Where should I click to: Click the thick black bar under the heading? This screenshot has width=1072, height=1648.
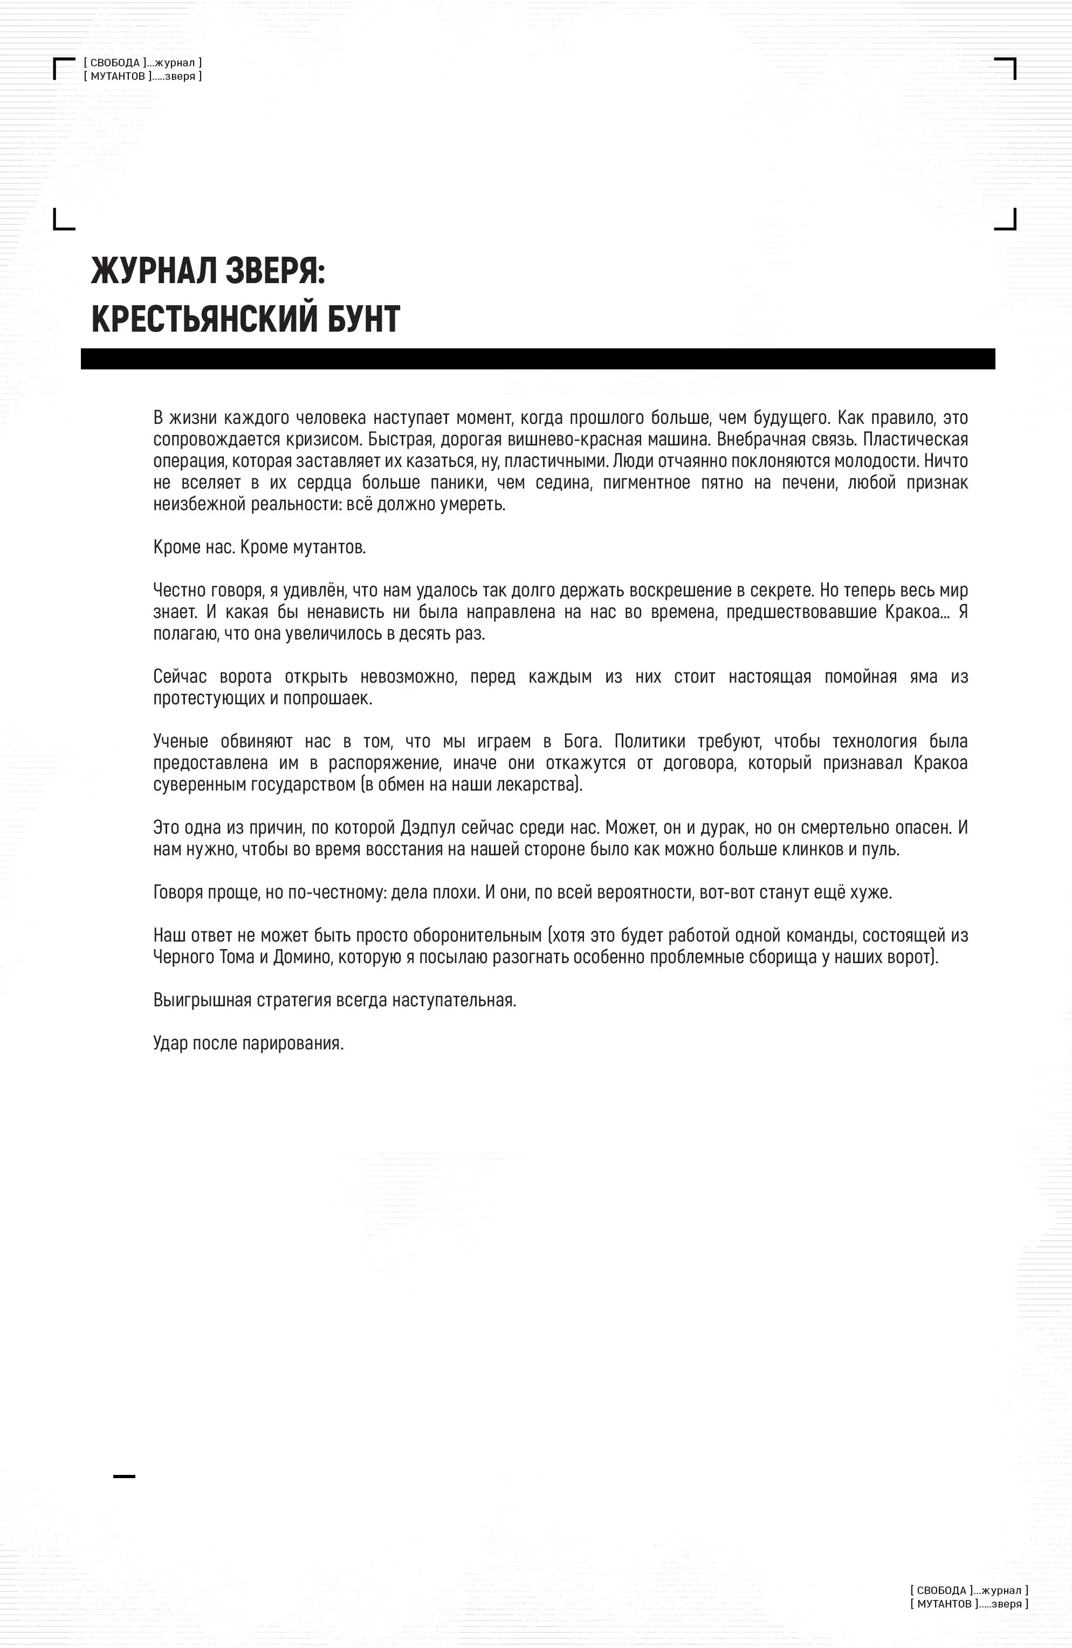pyautogui.click(x=538, y=359)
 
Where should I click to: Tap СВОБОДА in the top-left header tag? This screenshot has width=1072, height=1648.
pyautogui.click(x=115, y=63)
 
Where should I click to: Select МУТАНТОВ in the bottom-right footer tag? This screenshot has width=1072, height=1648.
pyautogui.click(x=944, y=1604)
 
